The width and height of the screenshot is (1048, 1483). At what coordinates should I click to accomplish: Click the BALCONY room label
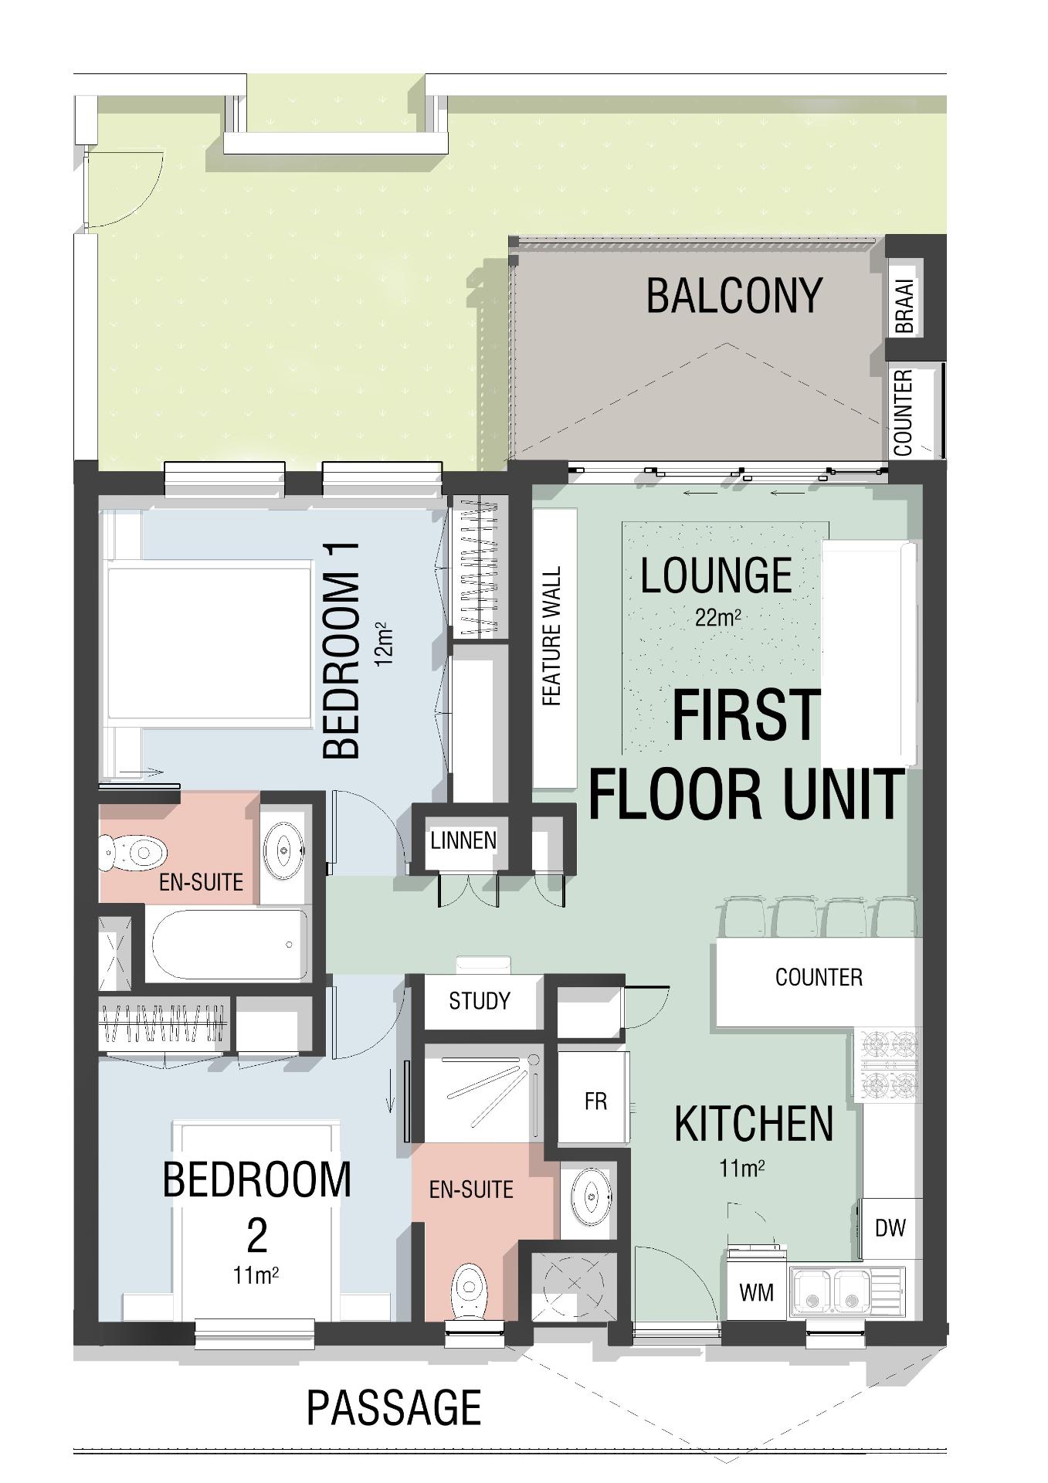click(734, 296)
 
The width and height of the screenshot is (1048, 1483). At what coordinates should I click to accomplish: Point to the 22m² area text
click(718, 618)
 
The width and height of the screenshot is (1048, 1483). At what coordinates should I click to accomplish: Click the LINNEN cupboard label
click(463, 840)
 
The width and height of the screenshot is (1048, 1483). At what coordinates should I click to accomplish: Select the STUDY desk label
click(480, 1001)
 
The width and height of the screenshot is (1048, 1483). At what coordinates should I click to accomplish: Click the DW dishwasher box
click(890, 1228)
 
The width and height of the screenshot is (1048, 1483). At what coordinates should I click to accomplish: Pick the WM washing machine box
click(756, 1291)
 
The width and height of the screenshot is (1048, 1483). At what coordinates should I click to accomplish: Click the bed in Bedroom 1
click(209, 644)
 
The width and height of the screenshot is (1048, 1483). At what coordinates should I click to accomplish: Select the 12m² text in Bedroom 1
click(384, 643)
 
